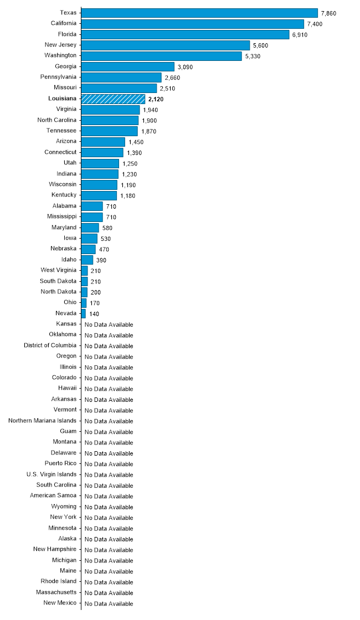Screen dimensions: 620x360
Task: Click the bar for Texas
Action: [x=199, y=13]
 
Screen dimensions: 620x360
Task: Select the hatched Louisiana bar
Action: [x=113, y=99]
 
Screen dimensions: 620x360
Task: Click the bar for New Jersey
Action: [x=165, y=45]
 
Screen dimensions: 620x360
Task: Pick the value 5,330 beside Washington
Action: [x=253, y=56]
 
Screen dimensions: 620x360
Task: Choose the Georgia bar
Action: [x=127, y=66]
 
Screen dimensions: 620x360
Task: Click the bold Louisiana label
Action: [x=63, y=98]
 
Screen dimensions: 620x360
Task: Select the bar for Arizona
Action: [x=102, y=142]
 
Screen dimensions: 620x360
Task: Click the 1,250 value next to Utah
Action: [x=130, y=163]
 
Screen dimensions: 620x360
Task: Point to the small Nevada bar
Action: [x=84, y=313]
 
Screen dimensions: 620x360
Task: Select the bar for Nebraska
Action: [x=89, y=249]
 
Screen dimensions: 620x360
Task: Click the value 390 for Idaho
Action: [x=101, y=260]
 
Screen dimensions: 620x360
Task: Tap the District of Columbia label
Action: [x=50, y=345]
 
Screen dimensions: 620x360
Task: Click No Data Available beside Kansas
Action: [x=109, y=324]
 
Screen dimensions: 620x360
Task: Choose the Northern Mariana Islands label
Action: [x=42, y=420]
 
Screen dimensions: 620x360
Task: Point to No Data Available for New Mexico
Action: [x=109, y=603]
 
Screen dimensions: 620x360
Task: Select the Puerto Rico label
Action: [x=61, y=463]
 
